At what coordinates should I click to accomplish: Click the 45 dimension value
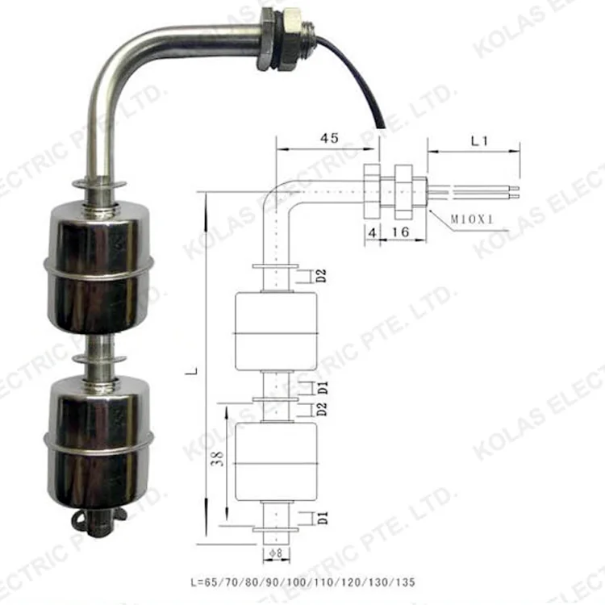[x=328, y=138]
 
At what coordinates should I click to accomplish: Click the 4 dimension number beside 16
[x=371, y=232]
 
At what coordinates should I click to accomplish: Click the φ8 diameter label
[x=274, y=553]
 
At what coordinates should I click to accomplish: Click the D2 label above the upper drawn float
[x=320, y=277]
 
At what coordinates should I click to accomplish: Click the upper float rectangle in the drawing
[x=275, y=332]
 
